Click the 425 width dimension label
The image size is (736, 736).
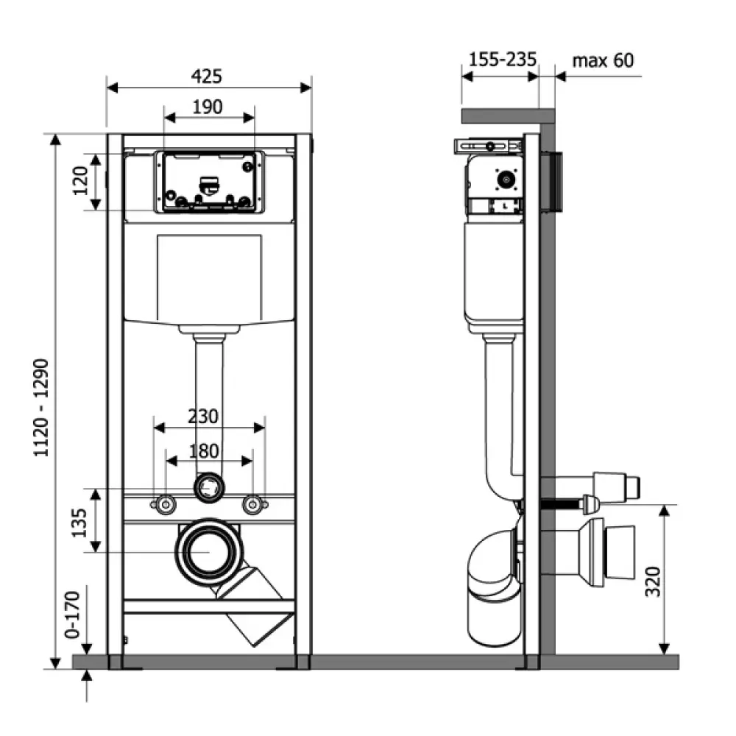(x=207, y=76)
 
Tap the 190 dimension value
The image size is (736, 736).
(x=208, y=107)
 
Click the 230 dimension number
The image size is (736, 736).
(x=203, y=417)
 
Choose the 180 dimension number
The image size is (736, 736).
(x=204, y=450)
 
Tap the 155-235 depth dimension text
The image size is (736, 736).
(x=503, y=60)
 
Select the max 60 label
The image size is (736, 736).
(x=603, y=60)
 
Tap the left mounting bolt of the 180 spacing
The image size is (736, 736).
(x=165, y=504)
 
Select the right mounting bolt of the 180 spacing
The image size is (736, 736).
(x=253, y=504)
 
